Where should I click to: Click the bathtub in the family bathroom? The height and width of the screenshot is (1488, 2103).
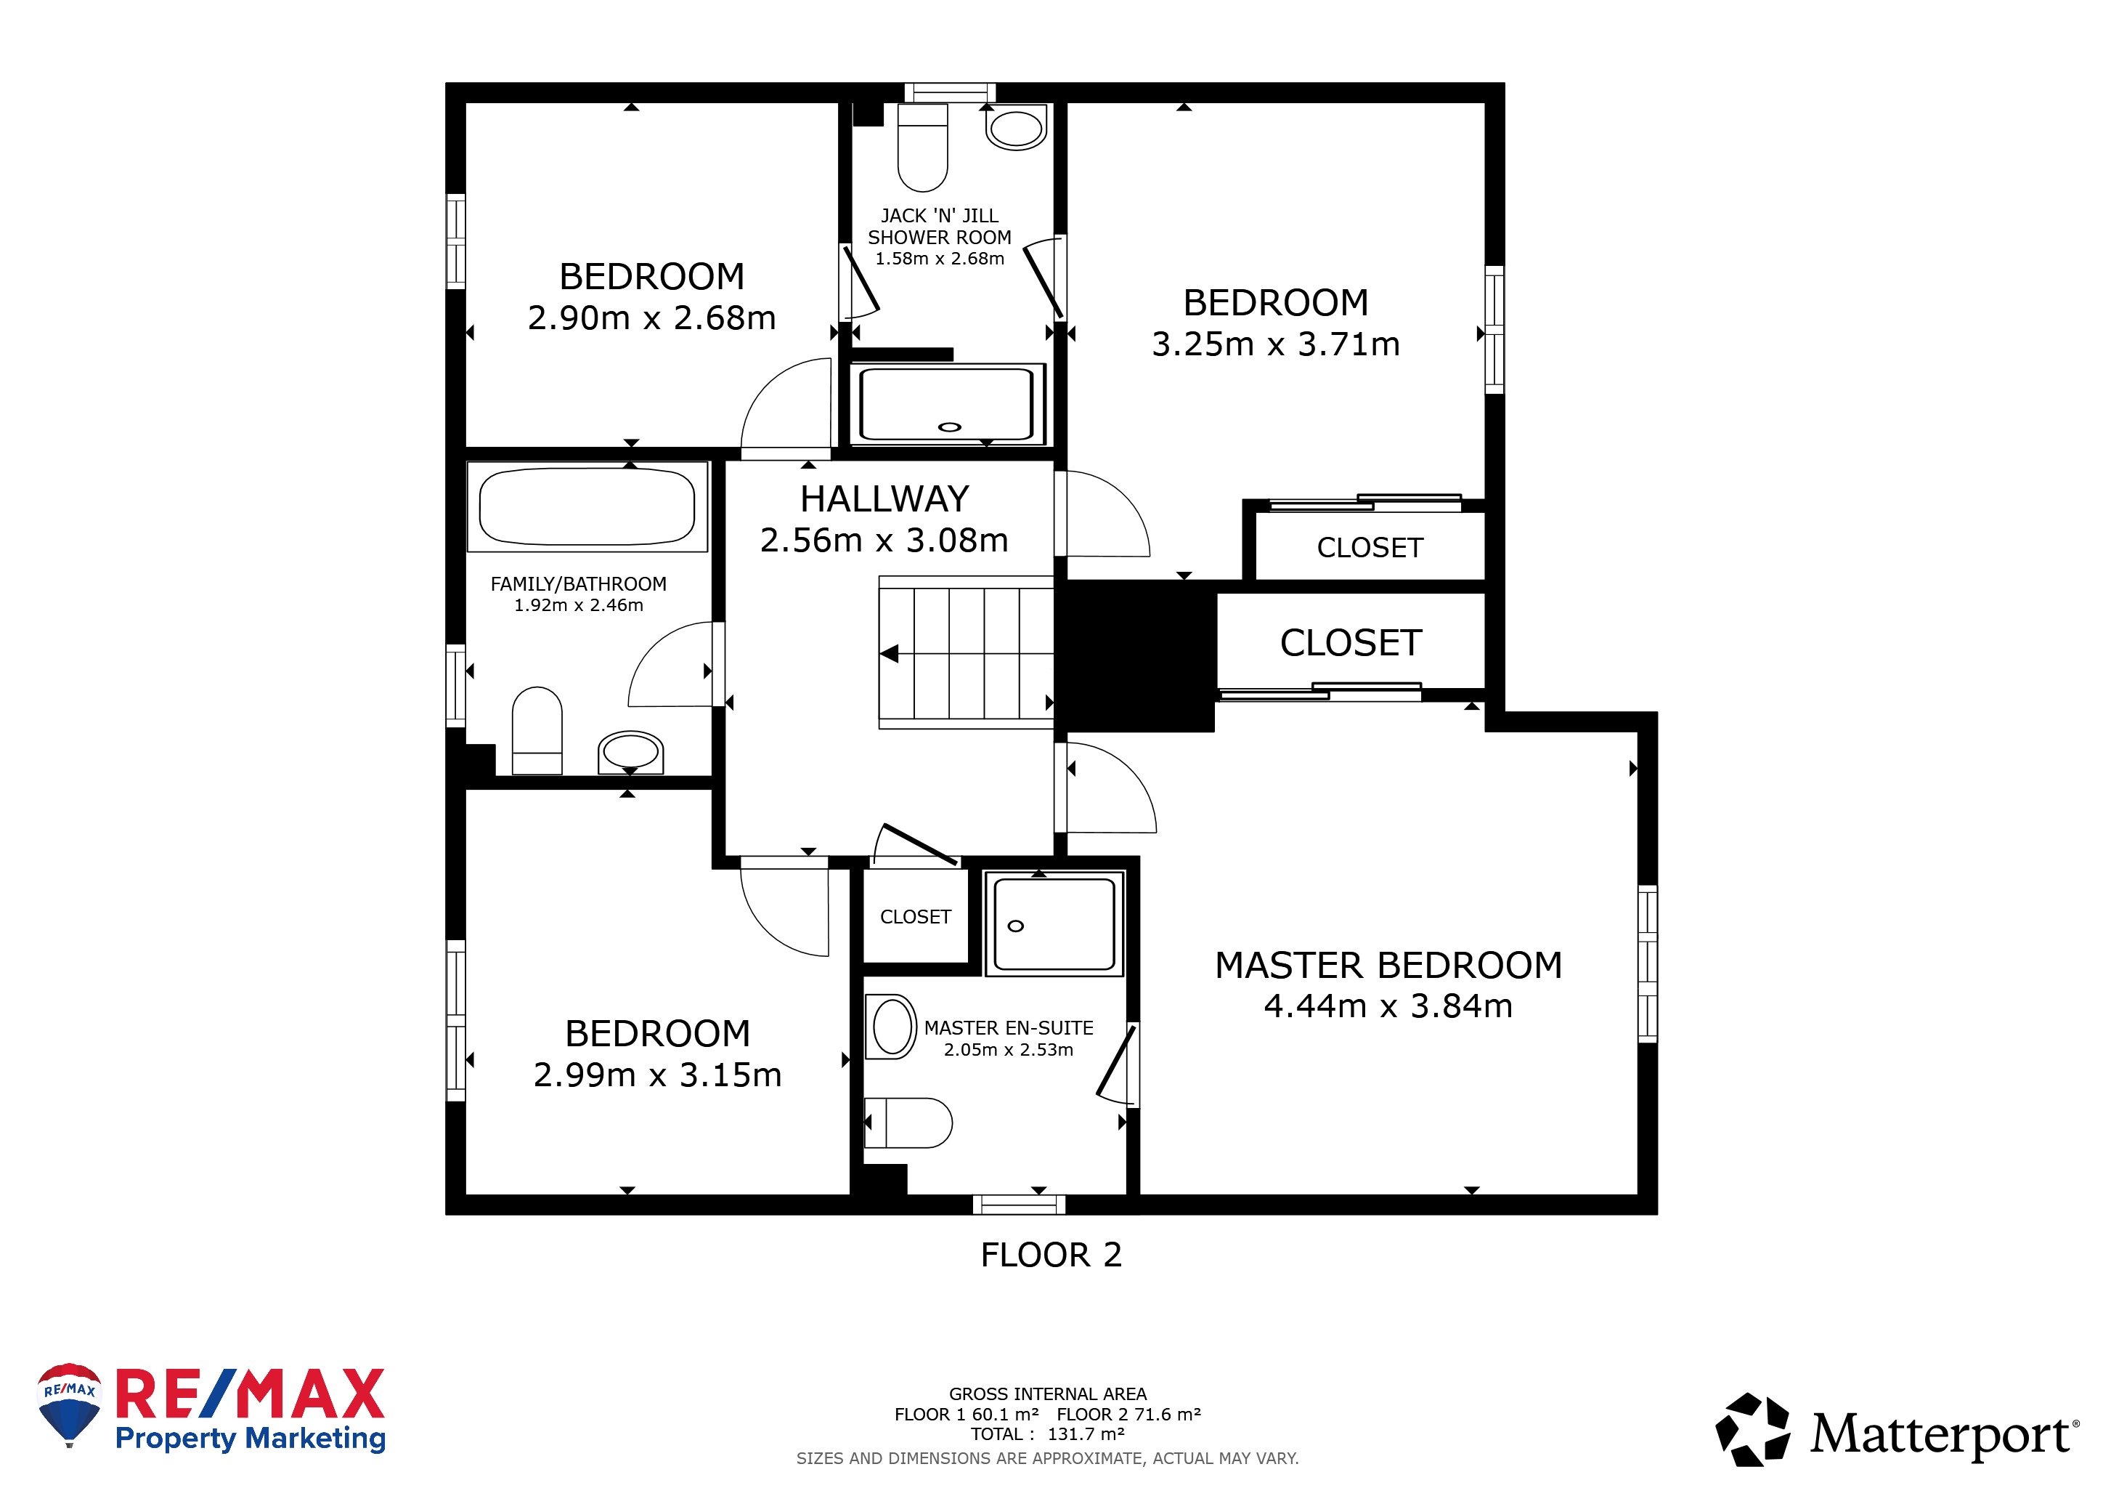point(587,506)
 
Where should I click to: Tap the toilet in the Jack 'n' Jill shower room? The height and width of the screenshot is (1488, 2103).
point(922,147)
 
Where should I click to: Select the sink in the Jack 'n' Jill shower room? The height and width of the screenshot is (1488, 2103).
point(1016,127)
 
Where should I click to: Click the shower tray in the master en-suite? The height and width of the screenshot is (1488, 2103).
point(1054,923)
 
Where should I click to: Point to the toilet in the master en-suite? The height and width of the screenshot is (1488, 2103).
point(908,1123)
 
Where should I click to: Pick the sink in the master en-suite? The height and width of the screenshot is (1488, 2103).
point(891,1026)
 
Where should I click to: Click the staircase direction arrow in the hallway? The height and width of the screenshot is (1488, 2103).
point(890,653)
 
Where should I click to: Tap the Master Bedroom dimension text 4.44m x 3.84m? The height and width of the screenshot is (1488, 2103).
point(1388,1006)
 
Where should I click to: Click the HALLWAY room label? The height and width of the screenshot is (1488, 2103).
point(884,499)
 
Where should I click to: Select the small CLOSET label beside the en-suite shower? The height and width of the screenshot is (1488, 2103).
point(915,916)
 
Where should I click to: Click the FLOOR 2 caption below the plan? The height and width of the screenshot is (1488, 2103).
point(1051,1254)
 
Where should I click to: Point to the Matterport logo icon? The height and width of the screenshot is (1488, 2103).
point(1752,1429)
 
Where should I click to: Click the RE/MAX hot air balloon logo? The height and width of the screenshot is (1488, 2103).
point(70,1404)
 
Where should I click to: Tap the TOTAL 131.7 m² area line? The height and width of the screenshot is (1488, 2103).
point(1048,1434)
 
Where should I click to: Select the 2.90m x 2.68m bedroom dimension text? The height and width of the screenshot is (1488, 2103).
point(651,318)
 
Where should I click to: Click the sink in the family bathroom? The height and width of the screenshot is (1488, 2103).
point(630,752)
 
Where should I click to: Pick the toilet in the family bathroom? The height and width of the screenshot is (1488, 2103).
point(537,730)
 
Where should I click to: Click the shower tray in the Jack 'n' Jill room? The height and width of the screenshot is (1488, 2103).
point(947,404)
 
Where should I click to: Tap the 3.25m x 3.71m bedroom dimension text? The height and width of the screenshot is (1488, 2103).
point(1275,344)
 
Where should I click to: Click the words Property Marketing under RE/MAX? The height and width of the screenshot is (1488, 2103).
point(250,1438)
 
